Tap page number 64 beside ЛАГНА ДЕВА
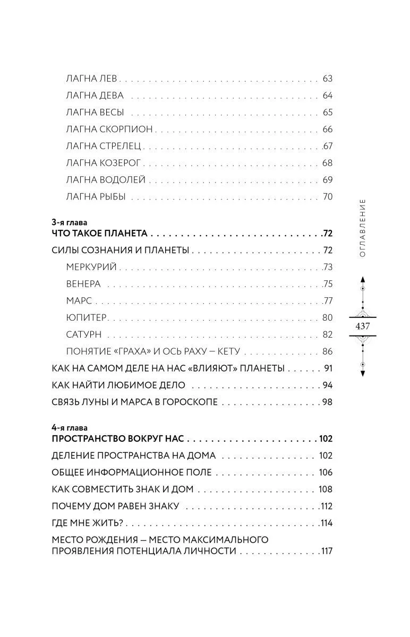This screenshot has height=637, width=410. [x=327, y=96]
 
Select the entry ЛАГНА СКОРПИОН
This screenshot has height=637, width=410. [x=109, y=129]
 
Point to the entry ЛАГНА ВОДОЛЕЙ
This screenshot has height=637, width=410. [x=106, y=180]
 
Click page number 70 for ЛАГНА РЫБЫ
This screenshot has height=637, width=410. [x=327, y=197]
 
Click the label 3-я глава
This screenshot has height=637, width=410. [x=69, y=222]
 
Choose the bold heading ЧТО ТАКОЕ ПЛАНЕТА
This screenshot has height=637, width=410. [x=99, y=233]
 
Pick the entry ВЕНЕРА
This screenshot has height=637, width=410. [x=83, y=283]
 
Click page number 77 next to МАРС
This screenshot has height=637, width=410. [x=327, y=300]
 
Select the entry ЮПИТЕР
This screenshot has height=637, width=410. [x=87, y=317]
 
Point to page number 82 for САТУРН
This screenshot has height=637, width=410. [x=327, y=334]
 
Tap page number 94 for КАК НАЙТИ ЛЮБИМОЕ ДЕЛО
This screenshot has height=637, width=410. [x=327, y=385]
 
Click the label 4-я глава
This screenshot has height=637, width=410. [x=69, y=427]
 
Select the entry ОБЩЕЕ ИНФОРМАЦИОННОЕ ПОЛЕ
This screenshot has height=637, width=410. [x=132, y=472]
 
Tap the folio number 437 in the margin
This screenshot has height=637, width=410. [x=363, y=326]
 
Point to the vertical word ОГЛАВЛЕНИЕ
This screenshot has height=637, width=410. [x=363, y=228]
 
